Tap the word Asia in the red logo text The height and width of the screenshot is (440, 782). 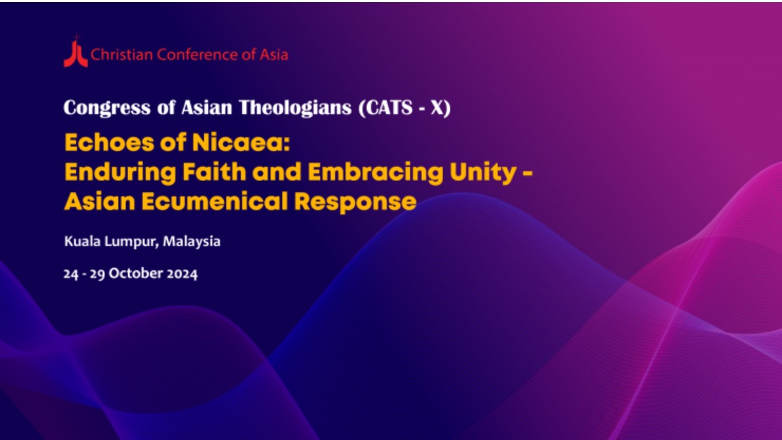point(274,54)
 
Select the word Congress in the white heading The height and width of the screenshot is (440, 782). point(107,108)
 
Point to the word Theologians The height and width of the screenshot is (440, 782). point(295,108)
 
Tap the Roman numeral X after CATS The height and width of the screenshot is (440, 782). point(437,108)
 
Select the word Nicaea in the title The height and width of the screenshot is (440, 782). point(241,142)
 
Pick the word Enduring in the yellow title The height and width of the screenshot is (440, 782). point(120,172)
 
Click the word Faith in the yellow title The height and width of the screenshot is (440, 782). point(214,172)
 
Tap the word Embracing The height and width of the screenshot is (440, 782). point(376,172)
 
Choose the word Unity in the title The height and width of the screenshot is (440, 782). point(483,173)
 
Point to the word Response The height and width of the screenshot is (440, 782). point(355,203)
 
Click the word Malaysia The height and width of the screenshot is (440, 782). point(192,241)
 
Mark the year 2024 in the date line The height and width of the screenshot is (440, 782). point(182,274)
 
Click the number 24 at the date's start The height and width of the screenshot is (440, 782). point(71,274)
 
